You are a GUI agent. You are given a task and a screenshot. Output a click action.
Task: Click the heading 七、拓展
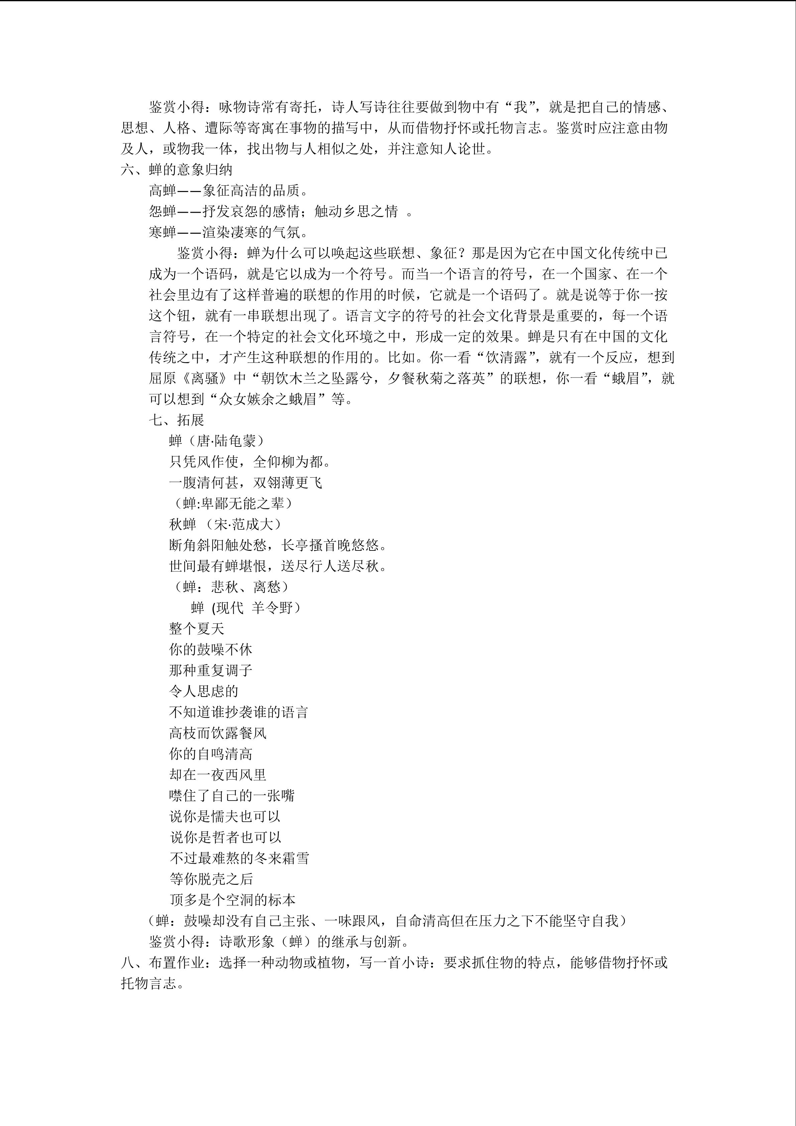click(177, 420)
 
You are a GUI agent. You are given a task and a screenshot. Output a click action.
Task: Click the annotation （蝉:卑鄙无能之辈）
click(233, 504)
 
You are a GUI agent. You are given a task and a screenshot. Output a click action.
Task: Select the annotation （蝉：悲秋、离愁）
click(231, 587)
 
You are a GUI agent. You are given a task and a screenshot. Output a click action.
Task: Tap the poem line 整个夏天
click(197, 629)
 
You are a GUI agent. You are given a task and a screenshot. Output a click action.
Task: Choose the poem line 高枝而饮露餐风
click(218, 733)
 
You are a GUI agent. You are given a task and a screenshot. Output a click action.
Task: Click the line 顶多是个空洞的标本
click(233, 900)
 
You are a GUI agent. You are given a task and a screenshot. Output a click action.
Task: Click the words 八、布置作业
click(163, 963)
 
